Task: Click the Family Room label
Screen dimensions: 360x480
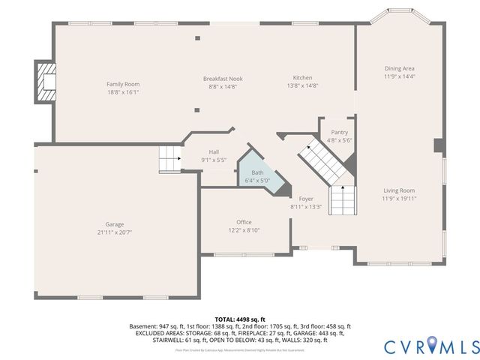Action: [123, 84]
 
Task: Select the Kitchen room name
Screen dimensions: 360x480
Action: [302, 78]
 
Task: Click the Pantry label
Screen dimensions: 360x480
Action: [339, 132]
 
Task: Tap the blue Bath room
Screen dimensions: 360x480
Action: [259, 177]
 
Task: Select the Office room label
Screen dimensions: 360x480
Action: [244, 222]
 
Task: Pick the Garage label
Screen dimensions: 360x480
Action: [115, 224]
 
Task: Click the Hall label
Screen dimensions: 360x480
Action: [214, 151]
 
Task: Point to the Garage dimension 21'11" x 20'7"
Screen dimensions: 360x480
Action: [115, 232]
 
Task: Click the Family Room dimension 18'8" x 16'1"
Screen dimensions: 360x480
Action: [123, 92]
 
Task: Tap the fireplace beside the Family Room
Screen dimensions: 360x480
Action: [46, 82]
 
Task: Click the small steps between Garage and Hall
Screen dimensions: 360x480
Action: [170, 159]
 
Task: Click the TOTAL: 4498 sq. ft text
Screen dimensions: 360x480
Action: [240, 319]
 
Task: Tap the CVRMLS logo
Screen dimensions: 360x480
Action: [431, 346]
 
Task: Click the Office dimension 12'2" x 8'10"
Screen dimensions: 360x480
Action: [244, 231]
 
